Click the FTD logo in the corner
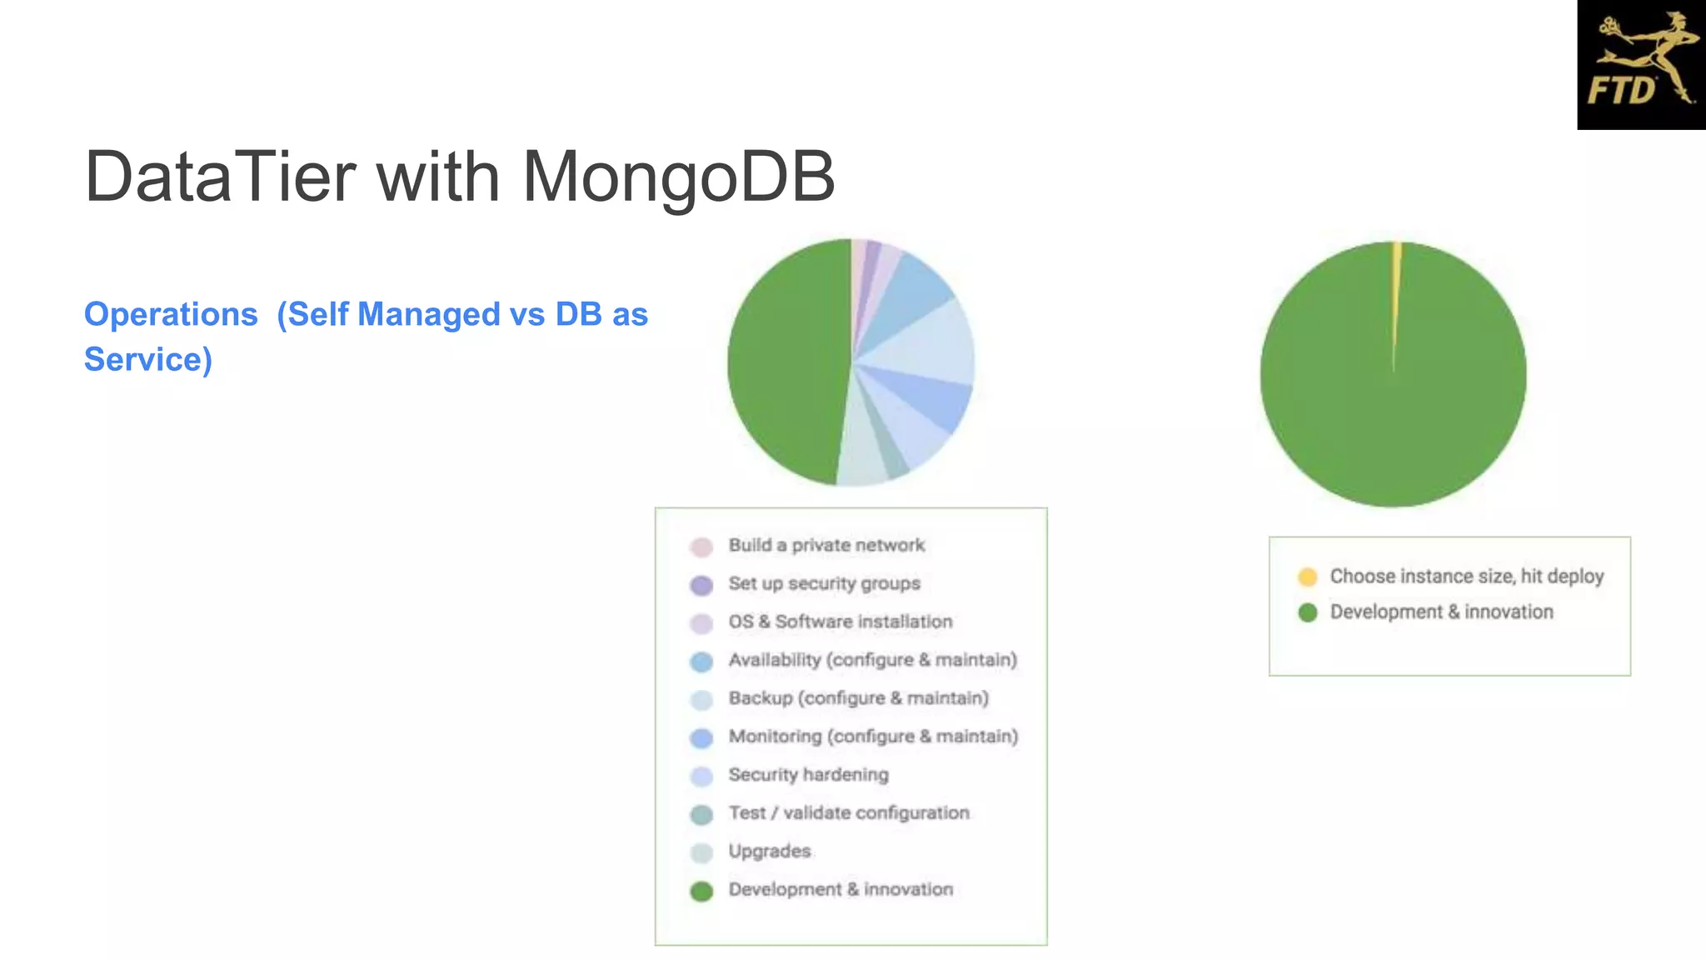[1641, 65]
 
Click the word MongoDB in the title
[678, 177]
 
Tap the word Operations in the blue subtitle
[171, 314]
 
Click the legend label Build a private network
[826, 545]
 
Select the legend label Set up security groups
[824, 583]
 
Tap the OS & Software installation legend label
[840, 622]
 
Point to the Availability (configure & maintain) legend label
[872, 660]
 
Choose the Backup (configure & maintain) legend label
[858, 698]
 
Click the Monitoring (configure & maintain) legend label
[873, 737]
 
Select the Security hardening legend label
[808, 775]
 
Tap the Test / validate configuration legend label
[848, 813]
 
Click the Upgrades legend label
[769, 852]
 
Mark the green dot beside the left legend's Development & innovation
[701, 891]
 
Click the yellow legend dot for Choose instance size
[1307, 577]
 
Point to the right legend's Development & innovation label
[1441, 612]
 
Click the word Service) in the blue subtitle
[148, 359]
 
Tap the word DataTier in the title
[221, 177]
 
